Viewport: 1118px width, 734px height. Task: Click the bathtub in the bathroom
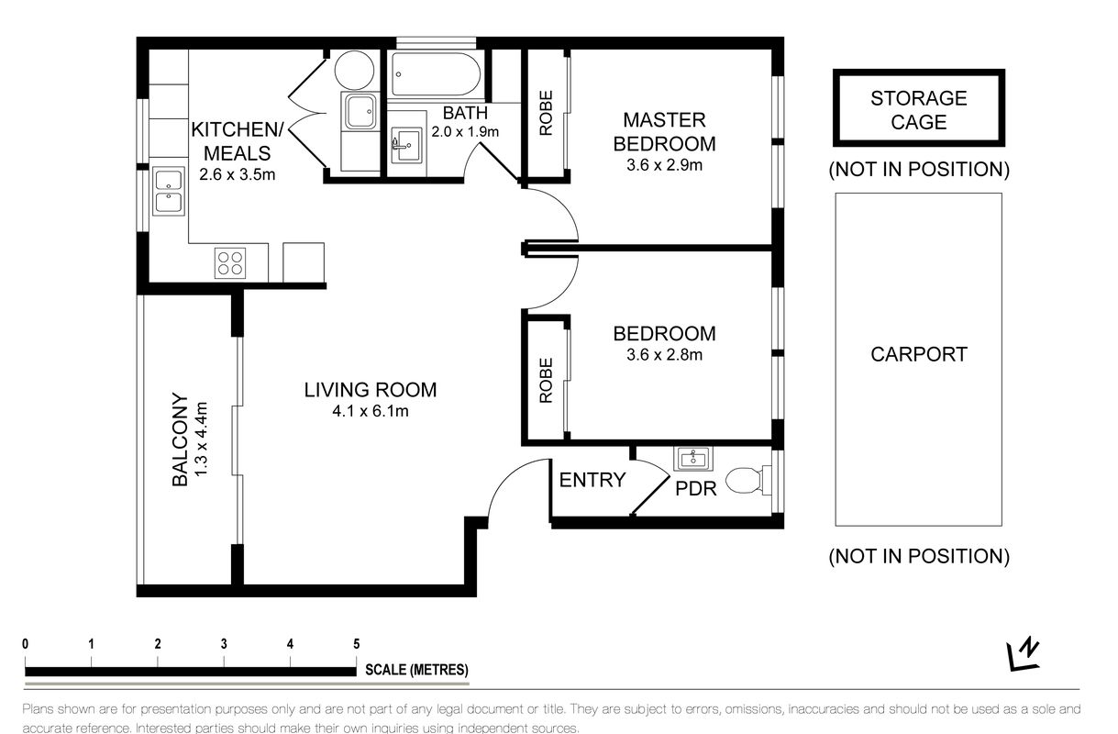pyautogui.click(x=436, y=74)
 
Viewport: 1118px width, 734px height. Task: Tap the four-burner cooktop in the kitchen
pyautogui.click(x=230, y=262)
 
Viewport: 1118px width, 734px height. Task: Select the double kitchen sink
pyautogui.click(x=169, y=193)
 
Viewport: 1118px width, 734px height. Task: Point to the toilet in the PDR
pyautogui.click(x=747, y=480)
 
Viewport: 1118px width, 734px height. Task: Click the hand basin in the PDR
pyautogui.click(x=693, y=459)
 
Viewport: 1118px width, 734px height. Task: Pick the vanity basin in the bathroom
pyautogui.click(x=406, y=145)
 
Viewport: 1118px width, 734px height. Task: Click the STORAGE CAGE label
pyautogui.click(x=919, y=110)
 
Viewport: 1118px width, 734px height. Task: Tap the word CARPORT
pyautogui.click(x=919, y=354)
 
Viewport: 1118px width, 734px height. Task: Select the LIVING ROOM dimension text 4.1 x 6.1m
pyautogui.click(x=371, y=411)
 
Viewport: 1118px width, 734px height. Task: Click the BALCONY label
pyautogui.click(x=180, y=439)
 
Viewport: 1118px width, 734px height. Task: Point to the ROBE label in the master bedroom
pyautogui.click(x=546, y=113)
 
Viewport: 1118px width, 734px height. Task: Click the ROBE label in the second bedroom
pyautogui.click(x=546, y=381)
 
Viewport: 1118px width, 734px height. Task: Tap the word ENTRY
pyautogui.click(x=592, y=480)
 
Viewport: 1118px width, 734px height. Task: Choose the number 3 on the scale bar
pyautogui.click(x=224, y=644)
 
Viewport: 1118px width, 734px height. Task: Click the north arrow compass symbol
pyautogui.click(x=1024, y=653)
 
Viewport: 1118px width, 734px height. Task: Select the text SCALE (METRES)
pyautogui.click(x=416, y=670)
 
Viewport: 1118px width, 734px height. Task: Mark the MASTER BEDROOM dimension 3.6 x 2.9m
pyautogui.click(x=664, y=165)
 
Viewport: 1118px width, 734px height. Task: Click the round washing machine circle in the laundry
pyautogui.click(x=354, y=70)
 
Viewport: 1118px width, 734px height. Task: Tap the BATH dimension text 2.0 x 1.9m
pyautogui.click(x=465, y=132)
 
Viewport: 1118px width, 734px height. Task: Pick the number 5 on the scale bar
pyautogui.click(x=357, y=644)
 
